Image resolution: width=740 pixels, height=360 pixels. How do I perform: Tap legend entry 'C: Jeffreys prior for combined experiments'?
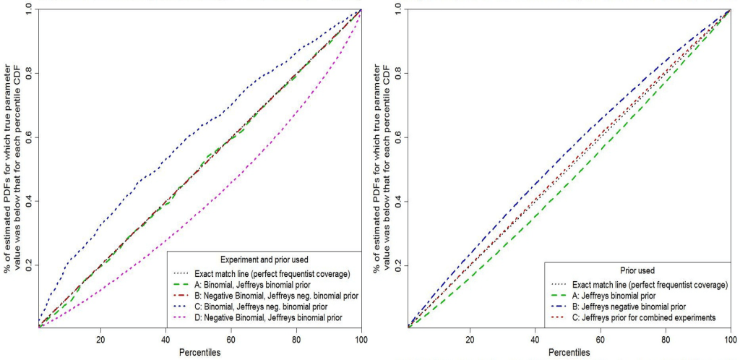pos(643,317)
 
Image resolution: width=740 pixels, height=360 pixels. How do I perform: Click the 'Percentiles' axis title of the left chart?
pos(199,352)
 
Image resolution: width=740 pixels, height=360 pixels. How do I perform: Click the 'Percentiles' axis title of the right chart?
pos(569,352)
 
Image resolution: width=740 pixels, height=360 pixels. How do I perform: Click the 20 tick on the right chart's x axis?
pos(470,340)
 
